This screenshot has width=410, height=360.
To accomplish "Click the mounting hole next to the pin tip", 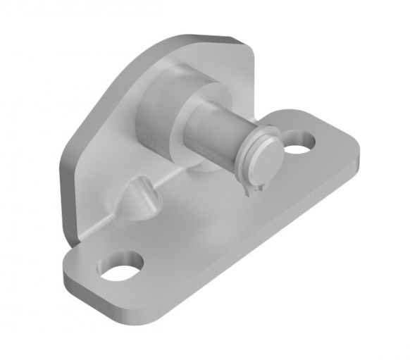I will [x=302, y=143].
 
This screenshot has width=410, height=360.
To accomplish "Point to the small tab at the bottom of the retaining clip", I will [x=248, y=191].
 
